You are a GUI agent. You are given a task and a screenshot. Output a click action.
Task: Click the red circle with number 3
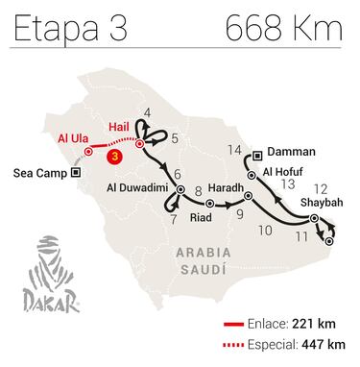tap(114, 154)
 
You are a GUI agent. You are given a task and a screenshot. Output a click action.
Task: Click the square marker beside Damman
tap(259, 153)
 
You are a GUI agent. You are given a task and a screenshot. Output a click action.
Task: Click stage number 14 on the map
tap(235, 148)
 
